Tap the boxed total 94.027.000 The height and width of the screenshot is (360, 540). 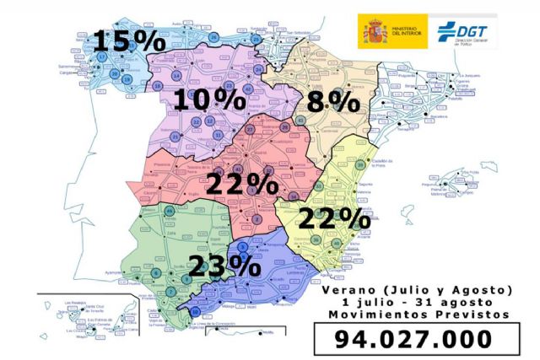click(413, 338)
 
